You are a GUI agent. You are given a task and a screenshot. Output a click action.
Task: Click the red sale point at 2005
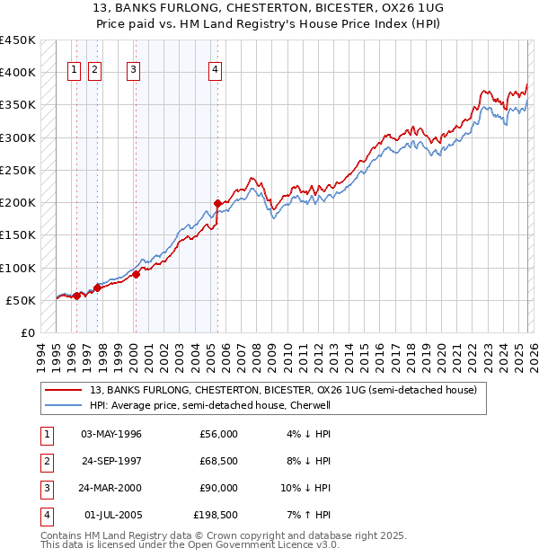point(217,203)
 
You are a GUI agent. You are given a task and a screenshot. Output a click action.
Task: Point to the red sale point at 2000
point(136,275)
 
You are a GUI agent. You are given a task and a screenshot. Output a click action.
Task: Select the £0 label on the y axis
point(28,332)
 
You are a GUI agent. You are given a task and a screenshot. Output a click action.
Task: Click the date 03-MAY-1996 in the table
point(111,434)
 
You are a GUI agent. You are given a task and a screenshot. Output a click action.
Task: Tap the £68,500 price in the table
point(218,461)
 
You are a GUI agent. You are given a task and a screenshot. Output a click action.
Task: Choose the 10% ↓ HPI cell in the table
point(305,488)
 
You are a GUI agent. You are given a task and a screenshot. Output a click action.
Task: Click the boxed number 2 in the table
point(46,461)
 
